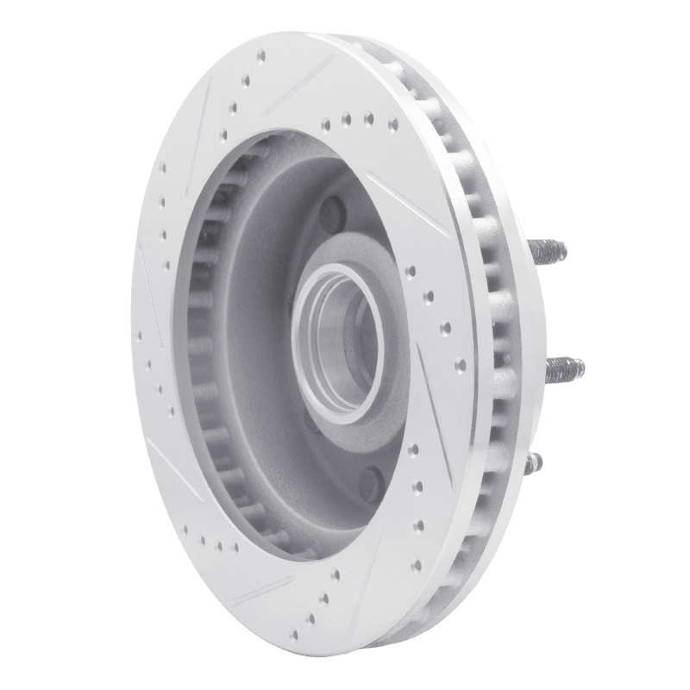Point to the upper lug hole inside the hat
coord(332,210)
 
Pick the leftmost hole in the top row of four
coord(324,123)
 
